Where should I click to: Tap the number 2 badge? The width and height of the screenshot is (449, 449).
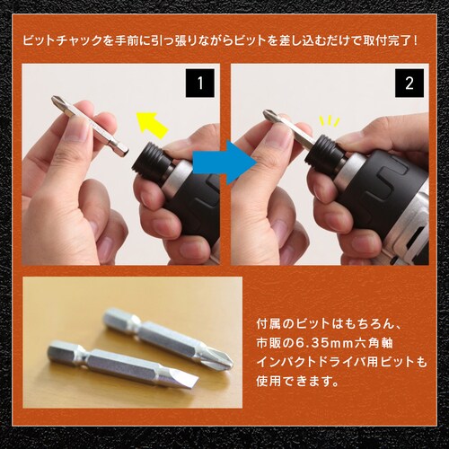coord(409,86)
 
